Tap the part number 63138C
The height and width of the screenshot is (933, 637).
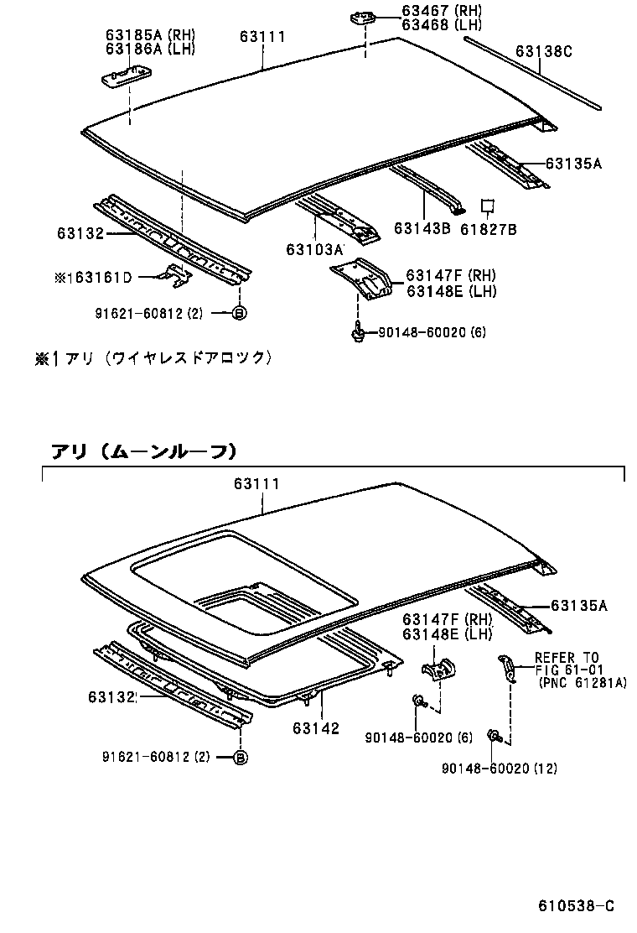pos(543,51)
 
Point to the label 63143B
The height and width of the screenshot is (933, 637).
pos(422,228)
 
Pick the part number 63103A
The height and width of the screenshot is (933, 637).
pos(314,249)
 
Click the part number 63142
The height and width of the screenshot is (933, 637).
pos(316,728)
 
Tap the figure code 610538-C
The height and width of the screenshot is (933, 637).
pos(576,906)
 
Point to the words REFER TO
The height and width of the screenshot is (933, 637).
pos(567,657)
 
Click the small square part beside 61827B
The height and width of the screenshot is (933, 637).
pos(487,206)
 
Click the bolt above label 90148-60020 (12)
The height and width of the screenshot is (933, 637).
pos(495,738)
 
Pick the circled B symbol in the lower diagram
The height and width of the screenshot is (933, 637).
pos(238,757)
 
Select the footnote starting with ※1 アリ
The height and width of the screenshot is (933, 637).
pos(153,357)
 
